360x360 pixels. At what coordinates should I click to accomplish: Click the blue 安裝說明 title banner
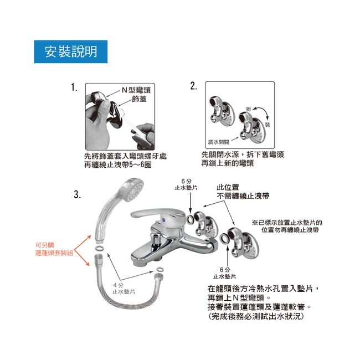(x=71, y=52)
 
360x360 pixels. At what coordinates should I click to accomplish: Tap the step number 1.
(x=74, y=88)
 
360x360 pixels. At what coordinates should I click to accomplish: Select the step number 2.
(x=193, y=86)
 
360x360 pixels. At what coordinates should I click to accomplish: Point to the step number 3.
(x=78, y=195)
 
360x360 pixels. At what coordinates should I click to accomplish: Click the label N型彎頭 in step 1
(x=136, y=90)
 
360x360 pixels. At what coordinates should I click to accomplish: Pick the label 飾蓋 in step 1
(x=139, y=99)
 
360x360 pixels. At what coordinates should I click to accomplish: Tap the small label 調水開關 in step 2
(x=218, y=142)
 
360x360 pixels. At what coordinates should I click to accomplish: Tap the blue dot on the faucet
(x=163, y=220)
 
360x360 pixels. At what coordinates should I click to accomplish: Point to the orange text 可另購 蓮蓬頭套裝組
(x=54, y=249)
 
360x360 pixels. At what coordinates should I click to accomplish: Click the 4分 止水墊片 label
(x=124, y=289)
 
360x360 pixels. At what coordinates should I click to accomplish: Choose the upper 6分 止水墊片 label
(x=186, y=184)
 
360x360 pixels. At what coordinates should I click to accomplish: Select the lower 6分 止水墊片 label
(x=224, y=273)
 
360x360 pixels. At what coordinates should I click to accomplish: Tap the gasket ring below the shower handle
(x=99, y=248)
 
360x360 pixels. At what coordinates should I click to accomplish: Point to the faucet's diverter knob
(x=155, y=239)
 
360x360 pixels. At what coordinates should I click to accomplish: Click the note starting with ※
(x=287, y=226)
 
